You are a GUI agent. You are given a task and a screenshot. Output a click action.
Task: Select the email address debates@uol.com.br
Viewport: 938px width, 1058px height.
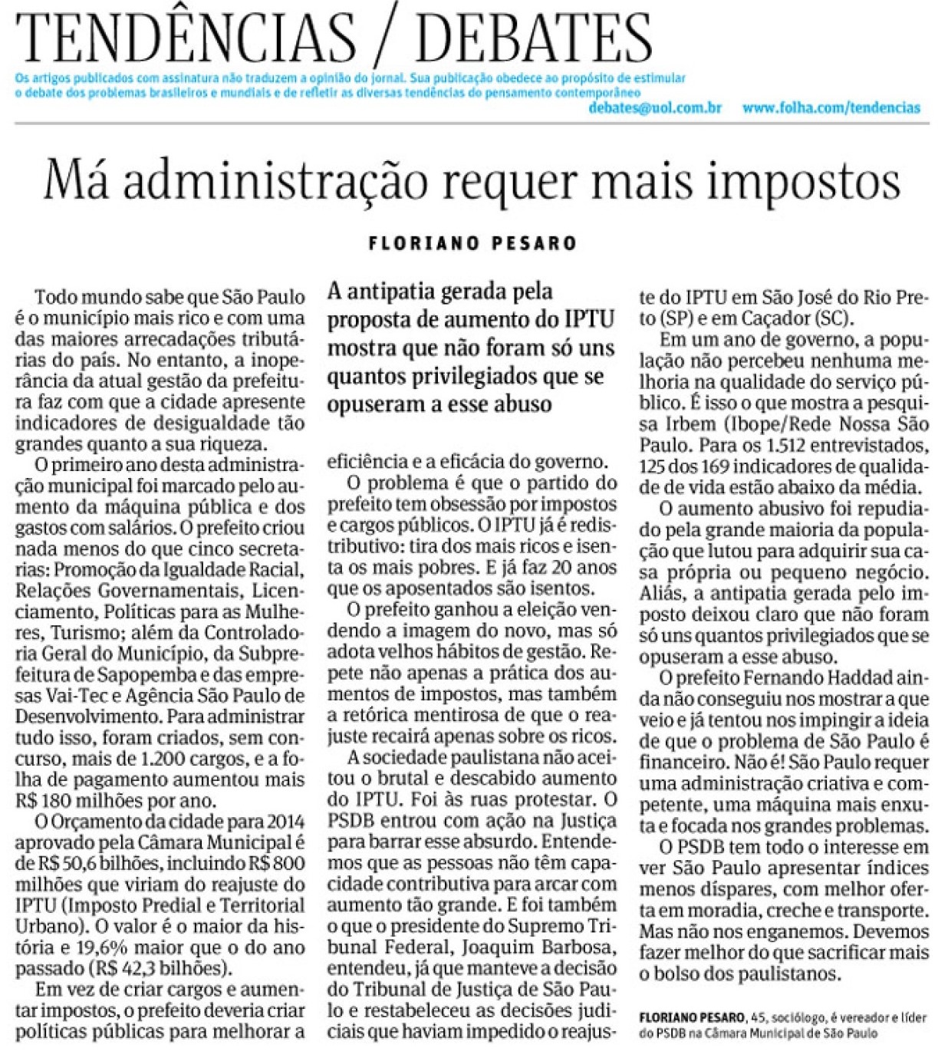tap(655, 107)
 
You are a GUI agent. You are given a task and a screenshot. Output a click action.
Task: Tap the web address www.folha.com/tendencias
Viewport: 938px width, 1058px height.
tap(831, 107)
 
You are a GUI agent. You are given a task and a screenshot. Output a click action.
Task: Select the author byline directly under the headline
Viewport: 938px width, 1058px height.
tap(472, 244)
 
